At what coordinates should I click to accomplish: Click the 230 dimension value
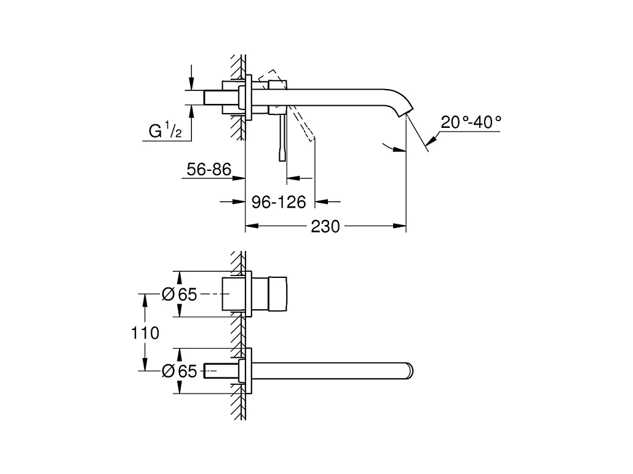coord(325,227)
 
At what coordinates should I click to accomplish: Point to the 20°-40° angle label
coord(471,122)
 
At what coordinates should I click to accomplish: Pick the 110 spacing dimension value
coord(145,333)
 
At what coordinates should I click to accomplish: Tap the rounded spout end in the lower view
coord(410,371)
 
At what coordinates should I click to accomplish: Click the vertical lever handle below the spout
coord(282,138)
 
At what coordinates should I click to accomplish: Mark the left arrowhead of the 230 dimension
coord(250,227)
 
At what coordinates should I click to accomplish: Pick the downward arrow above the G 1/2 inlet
coord(192,84)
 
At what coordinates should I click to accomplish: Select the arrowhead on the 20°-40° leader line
coord(429,143)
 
